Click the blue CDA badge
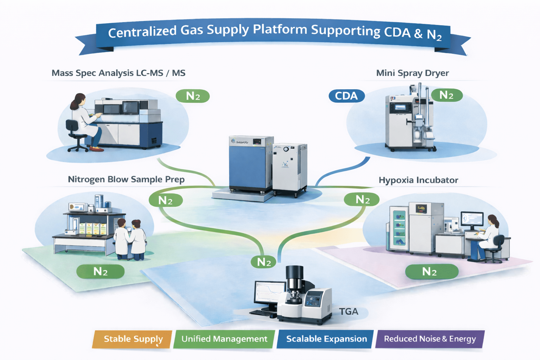click(346, 96)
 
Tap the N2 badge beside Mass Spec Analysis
click(193, 96)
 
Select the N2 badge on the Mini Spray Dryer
click(446, 95)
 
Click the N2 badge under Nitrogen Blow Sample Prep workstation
click(100, 271)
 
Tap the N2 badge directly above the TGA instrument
click(264, 262)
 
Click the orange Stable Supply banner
click(133, 339)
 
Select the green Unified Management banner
click(224, 339)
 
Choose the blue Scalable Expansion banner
click(326, 339)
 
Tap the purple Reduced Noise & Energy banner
click(430, 339)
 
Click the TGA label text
click(348, 311)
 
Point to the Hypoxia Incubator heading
click(418, 180)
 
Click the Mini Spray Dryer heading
click(412, 73)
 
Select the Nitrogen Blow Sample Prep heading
click(126, 179)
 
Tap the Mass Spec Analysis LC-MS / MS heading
click(118, 73)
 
